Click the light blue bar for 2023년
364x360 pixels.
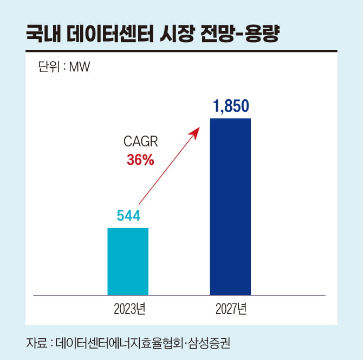[x=128, y=261]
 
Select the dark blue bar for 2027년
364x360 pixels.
[x=230, y=206]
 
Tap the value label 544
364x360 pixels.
[x=128, y=216]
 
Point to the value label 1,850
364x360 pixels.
[x=231, y=107]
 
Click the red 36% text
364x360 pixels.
[x=140, y=160]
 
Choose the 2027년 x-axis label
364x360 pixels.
[x=231, y=310]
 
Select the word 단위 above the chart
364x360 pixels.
[x=48, y=68]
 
